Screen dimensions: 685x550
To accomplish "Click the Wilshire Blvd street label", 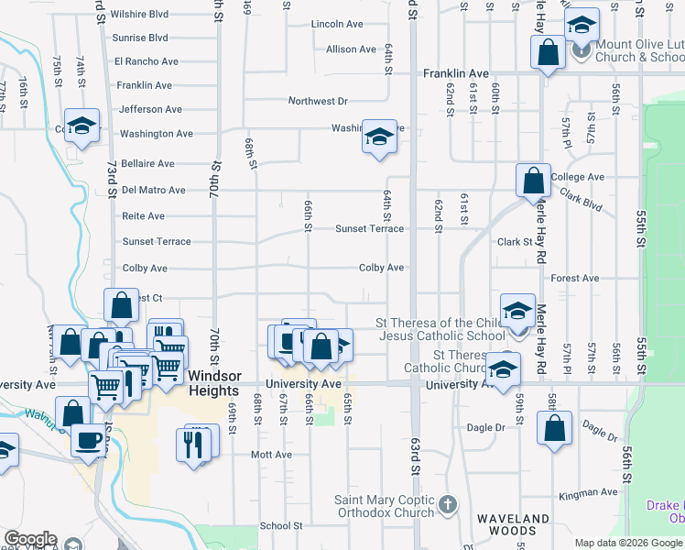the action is (139, 15).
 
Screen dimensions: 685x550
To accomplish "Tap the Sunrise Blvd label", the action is (139, 38).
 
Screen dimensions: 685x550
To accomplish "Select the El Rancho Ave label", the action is (146, 62).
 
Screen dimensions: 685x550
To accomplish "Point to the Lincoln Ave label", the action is (338, 25).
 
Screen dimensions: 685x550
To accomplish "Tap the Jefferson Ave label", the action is (150, 109).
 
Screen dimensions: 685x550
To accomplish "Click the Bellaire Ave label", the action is (147, 164).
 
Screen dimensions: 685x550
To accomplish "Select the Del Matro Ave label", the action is (153, 191).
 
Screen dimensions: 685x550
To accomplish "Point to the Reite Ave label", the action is (143, 216).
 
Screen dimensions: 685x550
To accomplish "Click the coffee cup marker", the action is (89, 440).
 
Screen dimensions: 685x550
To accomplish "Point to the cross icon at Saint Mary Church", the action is (448, 504).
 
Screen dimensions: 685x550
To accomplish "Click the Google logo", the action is (30, 540).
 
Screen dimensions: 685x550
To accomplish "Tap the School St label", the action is (280, 526).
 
